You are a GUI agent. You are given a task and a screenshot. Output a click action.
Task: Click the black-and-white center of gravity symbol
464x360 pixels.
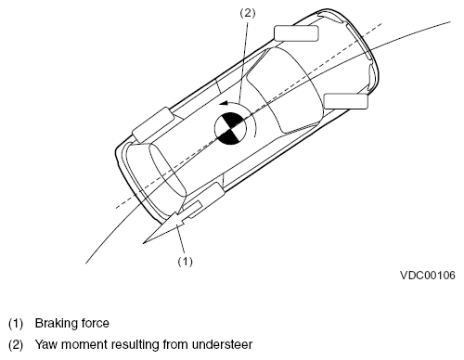pyautogui.click(x=230, y=129)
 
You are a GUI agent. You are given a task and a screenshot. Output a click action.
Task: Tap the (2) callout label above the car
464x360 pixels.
pyautogui.click(x=248, y=13)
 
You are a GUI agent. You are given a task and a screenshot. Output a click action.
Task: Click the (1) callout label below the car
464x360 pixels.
pyautogui.click(x=185, y=262)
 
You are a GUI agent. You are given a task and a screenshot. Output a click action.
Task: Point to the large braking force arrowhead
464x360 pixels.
pyautogui.click(x=161, y=229)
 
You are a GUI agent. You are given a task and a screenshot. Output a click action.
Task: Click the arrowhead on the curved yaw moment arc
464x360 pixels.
pyautogui.click(x=224, y=103)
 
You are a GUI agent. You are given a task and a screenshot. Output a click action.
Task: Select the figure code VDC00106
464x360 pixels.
pyautogui.click(x=428, y=276)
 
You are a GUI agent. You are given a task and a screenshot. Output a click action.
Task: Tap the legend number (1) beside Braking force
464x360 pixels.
pyautogui.click(x=16, y=324)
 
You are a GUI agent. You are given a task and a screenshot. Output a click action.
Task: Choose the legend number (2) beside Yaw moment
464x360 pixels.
pyautogui.click(x=16, y=345)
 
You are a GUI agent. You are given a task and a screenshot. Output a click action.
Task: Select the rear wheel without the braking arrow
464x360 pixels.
pyautogui.click(x=154, y=124)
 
